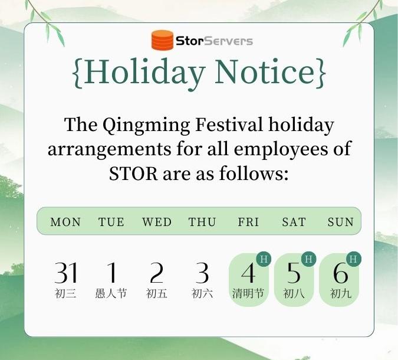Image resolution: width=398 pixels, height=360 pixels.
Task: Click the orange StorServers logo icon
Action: (x=163, y=40)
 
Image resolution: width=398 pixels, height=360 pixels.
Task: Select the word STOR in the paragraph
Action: (x=133, y=174)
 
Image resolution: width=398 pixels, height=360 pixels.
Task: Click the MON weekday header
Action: (x=65, y=222)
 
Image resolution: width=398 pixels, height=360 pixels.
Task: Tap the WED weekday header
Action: (x=157, y=222)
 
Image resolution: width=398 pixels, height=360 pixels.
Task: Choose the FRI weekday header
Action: (x=248, y=222)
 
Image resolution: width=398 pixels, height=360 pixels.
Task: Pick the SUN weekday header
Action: (x=341, y=222)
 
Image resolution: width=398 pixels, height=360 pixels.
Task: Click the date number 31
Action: (x=65, y=273)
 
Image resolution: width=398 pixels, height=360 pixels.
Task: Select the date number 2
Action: (x=156, y=273)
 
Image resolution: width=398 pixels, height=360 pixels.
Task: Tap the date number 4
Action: (x=248, y=273)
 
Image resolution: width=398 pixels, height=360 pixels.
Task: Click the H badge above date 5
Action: (x=308, y=259)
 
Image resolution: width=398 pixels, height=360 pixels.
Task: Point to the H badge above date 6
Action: (x=353, y=259)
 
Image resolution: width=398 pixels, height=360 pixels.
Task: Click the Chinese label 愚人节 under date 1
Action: (x=111, y=294)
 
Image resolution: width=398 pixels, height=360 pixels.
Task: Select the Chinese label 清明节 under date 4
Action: (x=248, y=294)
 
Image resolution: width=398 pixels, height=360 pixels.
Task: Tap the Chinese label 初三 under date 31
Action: (x=65, y=294)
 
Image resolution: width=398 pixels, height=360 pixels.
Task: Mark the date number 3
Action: (x=202, y=273)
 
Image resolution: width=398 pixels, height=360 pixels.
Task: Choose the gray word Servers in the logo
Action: (x=228, y=41)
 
